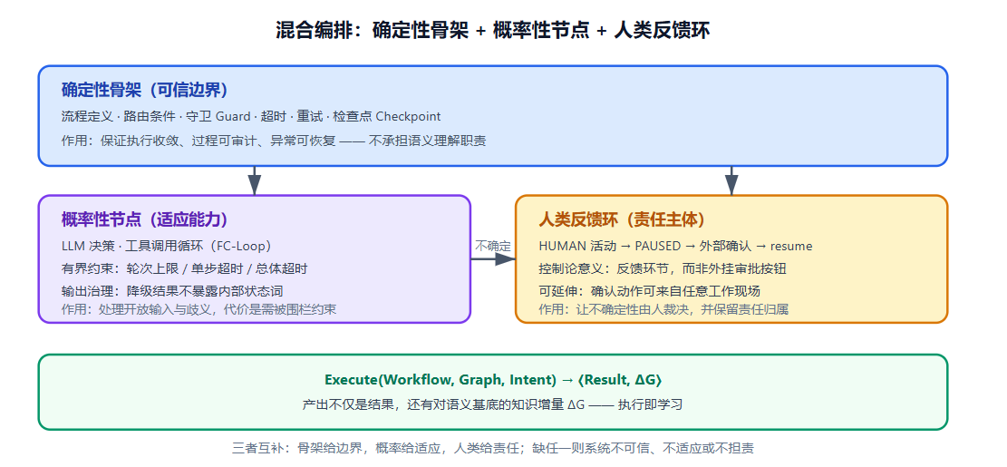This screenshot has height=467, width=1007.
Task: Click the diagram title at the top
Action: pyautogui.click(x=492, y=30)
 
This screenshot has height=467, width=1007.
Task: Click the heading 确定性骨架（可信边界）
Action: pyautogui.click(x=144, y=90)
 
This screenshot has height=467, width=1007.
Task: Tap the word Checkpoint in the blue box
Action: pyautogui.click(x=408, y=116)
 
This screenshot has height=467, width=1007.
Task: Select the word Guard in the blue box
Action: pyautogui.click(x=233, y=116)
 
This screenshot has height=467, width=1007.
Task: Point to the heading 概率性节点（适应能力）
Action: pyautogui.click(x=144, y=219)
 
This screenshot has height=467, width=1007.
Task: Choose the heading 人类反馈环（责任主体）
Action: pyautogui.click(x=622, y=219)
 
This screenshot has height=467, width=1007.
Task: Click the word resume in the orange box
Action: pyautogui.click(x=791, y=246)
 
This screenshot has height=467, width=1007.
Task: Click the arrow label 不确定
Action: pyautogui.click(x=493, y=246)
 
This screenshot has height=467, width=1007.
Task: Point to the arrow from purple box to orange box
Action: pyautogui.click(x=493, y=258)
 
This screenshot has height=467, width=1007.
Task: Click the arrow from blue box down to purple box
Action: pyautogui.click(x=255, y=180)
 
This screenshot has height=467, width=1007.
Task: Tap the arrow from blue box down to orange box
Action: pyautogui.click(x=731, y=180)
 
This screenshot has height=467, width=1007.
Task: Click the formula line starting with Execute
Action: pyautogui.click(x=493, y=380)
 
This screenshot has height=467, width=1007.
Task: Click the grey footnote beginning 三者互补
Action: pyautogui.click(x=492, y=448)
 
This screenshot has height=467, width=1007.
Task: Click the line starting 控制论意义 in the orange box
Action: pyautogui.click(x=663, y=269)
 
